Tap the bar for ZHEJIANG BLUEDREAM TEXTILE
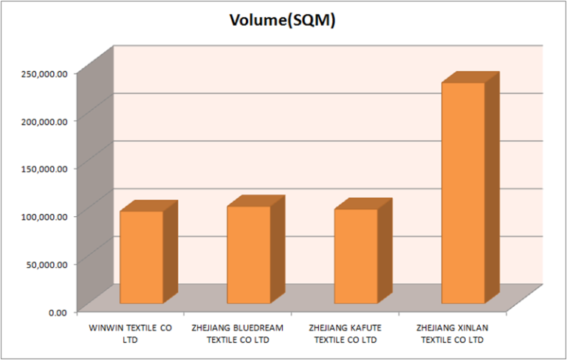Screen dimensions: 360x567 pos(248,255)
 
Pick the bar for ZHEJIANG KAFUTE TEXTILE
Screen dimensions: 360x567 pos(356,256)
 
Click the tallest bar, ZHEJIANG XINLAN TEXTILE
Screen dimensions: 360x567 pos(463,193)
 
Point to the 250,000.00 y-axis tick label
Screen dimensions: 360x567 pos(44,73)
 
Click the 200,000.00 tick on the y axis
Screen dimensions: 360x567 pos(44,120)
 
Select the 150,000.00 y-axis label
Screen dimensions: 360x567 pos(44,168)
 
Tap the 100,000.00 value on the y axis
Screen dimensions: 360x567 pos(44,215)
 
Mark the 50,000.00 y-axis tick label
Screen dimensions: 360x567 pos(47,263)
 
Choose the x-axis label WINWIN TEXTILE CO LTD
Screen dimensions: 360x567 pos(130,333)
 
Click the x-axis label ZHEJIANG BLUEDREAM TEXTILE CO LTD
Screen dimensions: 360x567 pos(238,333)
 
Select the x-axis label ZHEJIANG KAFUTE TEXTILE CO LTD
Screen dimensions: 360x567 pos(345,333)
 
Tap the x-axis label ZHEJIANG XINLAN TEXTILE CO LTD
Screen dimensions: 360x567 pos(452,333)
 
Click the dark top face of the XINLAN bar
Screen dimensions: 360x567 pos(471,77)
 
